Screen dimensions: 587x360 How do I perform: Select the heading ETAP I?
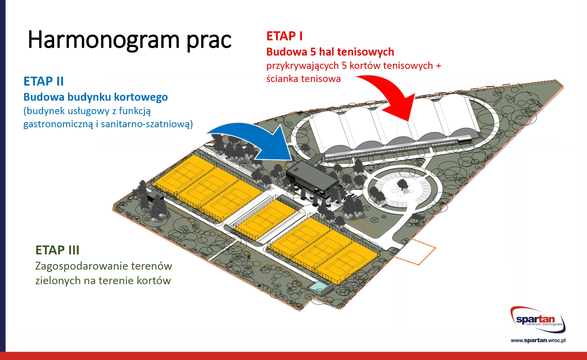(284, 36)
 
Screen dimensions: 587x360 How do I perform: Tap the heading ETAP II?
(43, 81)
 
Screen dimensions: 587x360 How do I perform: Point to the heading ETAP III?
(57, 250)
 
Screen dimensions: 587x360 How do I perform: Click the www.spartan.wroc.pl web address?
(538, 340)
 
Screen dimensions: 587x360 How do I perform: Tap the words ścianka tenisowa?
(303, 79)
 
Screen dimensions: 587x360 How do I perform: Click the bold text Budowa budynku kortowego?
(95, 97)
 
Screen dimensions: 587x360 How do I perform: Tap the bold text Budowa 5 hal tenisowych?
(330, 52)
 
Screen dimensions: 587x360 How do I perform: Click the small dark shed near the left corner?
(155, 196)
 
